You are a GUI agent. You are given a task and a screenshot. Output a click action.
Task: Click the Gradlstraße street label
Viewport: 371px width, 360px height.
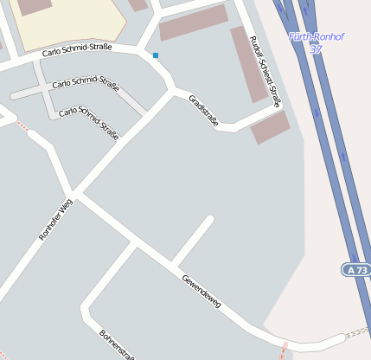tap(204, 110)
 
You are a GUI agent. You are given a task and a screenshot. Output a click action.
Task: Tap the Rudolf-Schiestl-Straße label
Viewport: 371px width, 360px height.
tap(265, 71)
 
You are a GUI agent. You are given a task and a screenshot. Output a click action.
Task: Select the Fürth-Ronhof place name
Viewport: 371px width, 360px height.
tap(317, 37)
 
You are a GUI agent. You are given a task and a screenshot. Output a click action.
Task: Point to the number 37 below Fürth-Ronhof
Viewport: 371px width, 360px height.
tap(316, 49)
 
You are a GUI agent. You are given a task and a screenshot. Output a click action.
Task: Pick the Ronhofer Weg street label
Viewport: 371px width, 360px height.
tap(57, 219)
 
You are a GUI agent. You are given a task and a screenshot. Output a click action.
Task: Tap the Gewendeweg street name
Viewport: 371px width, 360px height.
tap(201, 291)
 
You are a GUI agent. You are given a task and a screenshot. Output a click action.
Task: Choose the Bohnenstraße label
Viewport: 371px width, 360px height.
tap(116, 344)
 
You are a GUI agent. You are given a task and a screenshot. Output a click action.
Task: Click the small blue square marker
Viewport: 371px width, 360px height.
tap(156, 55)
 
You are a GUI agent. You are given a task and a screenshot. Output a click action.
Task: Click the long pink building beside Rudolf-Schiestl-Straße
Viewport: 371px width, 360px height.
tap(250, 65)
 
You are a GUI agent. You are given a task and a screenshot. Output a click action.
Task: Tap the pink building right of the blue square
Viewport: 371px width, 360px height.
tap(194, 22)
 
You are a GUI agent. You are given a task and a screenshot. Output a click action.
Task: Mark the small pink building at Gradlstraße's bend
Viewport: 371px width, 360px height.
tap(270, 127)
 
